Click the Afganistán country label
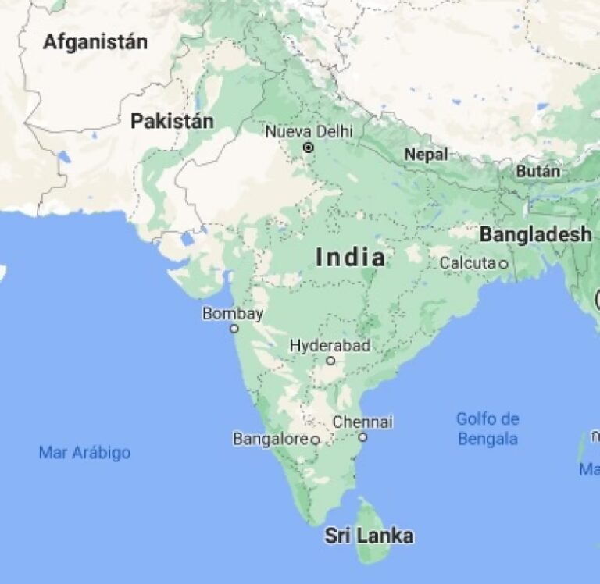click(x=95, y=42)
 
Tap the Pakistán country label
click(x=172, y=121)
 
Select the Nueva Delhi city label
click(x=309, y=130)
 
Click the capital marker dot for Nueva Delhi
click(x=309, y=147)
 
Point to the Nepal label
click(x=426, y=155)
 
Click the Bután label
click(x=538, y=171)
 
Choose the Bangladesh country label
click(x=535, y=233)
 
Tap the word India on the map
click(x=351, y=258)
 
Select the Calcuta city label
click(x=467, y=263)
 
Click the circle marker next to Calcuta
click(x=503, y=265)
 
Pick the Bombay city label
click(x=233, y=314)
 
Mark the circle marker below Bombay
click(x=234, y=329)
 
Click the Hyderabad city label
click(x=330, y=345)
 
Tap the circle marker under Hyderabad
click(x=330, y=361)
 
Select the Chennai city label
click(x=362, y=422)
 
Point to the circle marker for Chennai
click(x=362, y=437)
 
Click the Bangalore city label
click(x=270, y=440)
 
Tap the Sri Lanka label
click(x=369, y=536)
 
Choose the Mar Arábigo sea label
click(x=84, y=453)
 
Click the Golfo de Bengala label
click(x=487, y=429)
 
